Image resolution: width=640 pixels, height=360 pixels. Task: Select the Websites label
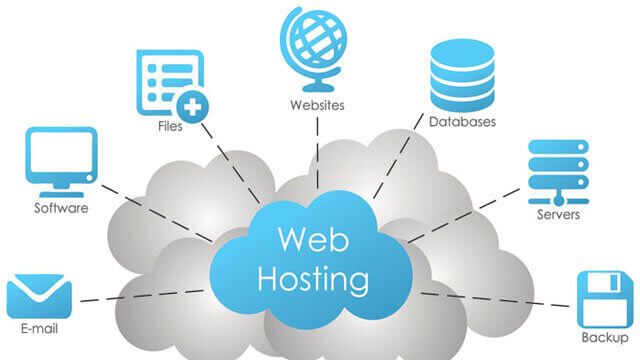(316, 103)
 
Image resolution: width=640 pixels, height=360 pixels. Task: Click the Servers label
(556, 214)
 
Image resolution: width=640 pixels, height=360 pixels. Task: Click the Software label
(62, 208)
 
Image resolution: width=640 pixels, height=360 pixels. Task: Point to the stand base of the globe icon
(314, 81)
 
